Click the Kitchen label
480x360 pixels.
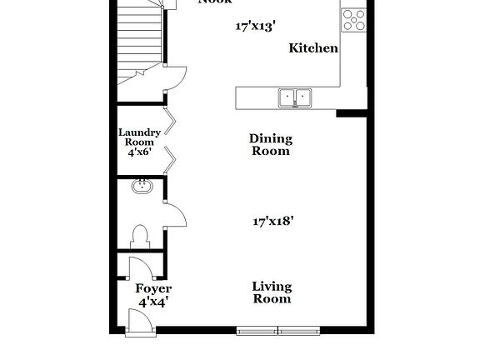coord(313,48)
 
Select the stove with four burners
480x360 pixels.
coord(352,19)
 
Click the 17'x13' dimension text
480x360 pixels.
coord(256,27)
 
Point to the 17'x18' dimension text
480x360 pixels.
coord(272,222)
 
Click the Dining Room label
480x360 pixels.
coord(271,145)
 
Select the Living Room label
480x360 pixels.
coord(272,292)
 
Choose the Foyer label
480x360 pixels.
coord(153,289)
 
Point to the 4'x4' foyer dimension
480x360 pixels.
coord(153,302)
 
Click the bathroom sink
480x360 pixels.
coord(142,187)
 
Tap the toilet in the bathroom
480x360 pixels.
coord(140,235)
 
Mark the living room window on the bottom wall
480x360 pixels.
coord(277,331)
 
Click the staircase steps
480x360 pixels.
coord(138,37)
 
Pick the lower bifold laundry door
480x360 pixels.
coord(169,158)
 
